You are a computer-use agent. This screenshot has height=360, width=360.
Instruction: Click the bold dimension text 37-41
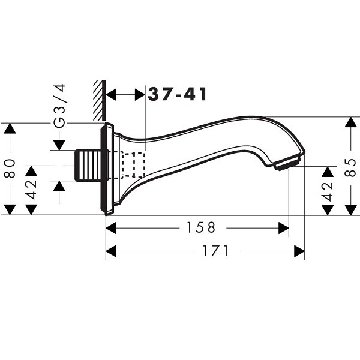tap(177, 94)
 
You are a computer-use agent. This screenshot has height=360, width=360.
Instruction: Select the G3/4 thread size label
tap(59, 106)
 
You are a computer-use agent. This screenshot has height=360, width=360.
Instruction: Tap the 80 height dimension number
tap(10, 168)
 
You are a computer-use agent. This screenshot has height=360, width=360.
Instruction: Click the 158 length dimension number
tap(201, 227)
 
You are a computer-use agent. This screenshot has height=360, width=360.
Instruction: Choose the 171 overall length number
tap(215, 251)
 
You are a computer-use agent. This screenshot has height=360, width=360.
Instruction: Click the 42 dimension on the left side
tap(31, 190)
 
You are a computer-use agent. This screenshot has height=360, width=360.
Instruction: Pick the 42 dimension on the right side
tap(328, 191)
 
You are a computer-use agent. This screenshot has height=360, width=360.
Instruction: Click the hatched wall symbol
tap(100, 100)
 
